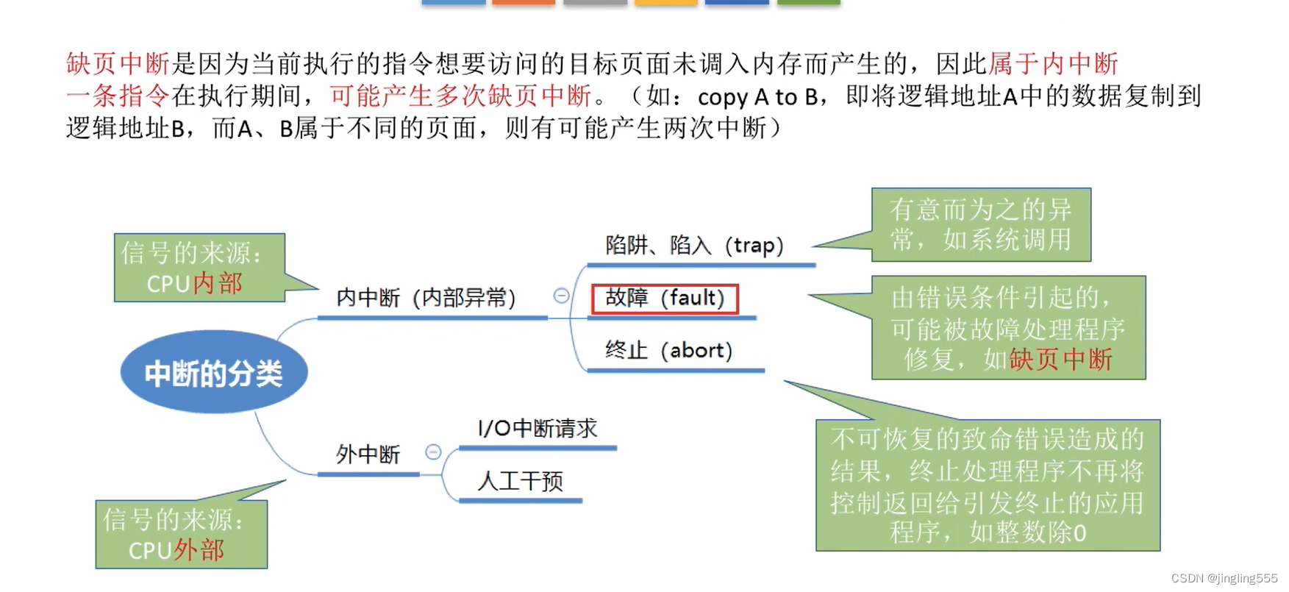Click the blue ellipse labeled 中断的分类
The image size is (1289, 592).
[x=213, y=373]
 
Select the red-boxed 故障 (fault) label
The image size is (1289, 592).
[x=665, y=299]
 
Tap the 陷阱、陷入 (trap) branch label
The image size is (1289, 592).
[x=694, y=246]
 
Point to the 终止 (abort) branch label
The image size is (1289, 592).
[x=668, y=351]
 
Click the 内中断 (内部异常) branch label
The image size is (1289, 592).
[x=426, y=298]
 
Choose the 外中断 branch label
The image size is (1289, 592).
[x=368, y=454]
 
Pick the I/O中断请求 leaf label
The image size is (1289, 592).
[x=538, y=429]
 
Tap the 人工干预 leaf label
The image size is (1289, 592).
[x=520, y=482]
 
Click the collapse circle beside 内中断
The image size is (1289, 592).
[x=561, y=296]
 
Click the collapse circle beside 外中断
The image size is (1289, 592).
[x=433, y=452]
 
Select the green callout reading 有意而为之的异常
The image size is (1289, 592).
[x=981, y=225]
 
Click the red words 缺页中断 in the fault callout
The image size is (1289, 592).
[x=1060, y=360]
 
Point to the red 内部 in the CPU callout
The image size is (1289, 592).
[x=218, y=284]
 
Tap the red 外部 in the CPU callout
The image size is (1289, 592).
[x=199, y=551]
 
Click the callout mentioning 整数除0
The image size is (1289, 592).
[x=988, y=485]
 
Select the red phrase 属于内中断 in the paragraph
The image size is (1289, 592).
[x=1053, y=64]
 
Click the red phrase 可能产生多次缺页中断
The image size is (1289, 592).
[x=460, y=96]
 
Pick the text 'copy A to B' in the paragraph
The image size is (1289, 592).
[x=757, y=97]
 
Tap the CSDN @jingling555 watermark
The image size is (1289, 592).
[x=1224, y=579]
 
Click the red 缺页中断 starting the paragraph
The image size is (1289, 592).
[x=118, y=64]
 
